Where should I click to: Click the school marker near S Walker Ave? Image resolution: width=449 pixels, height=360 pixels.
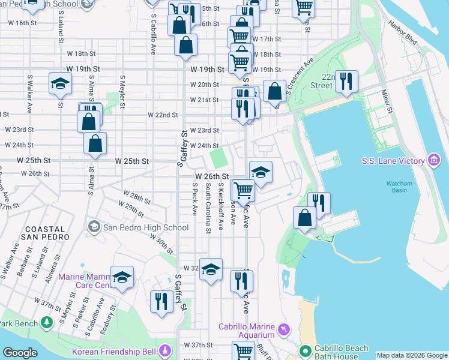pos(59,84)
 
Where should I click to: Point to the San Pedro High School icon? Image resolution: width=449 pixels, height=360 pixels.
pos(94,227)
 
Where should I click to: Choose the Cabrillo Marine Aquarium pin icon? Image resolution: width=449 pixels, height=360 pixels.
pos(283,329)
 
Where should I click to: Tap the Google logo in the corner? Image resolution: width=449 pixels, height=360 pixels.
pos(20,353)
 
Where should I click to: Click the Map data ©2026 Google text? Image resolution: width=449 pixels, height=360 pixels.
pos(412,355)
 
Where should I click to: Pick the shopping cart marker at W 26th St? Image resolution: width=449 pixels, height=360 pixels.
pos(244,190)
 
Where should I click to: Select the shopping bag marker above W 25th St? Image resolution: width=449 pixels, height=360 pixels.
pos(95,143)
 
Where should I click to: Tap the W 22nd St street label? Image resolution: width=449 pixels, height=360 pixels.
pos(163,115)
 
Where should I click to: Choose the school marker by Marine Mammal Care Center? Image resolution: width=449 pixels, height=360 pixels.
pos(122,277)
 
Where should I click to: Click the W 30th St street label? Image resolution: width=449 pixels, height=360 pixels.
pos(163,244)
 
